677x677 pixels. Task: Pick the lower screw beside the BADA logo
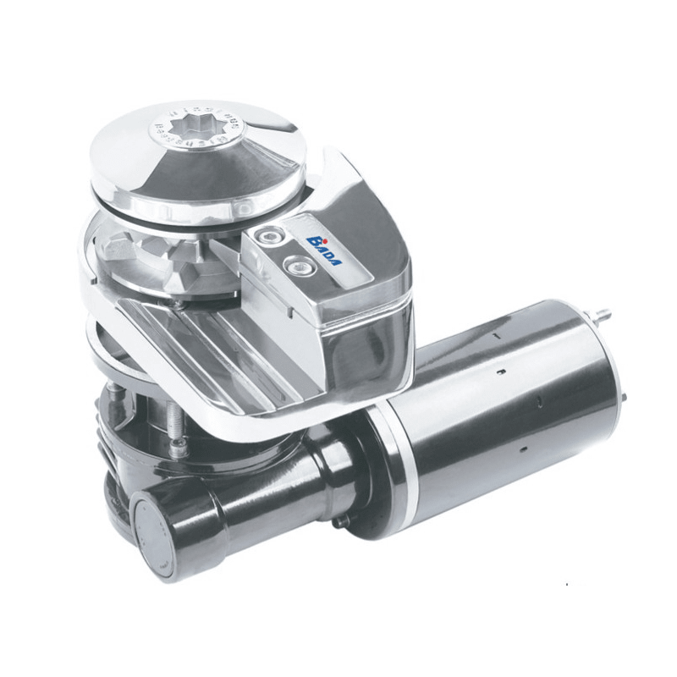tap(296, 264)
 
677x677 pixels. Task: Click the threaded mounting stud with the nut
tap(176, 423)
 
